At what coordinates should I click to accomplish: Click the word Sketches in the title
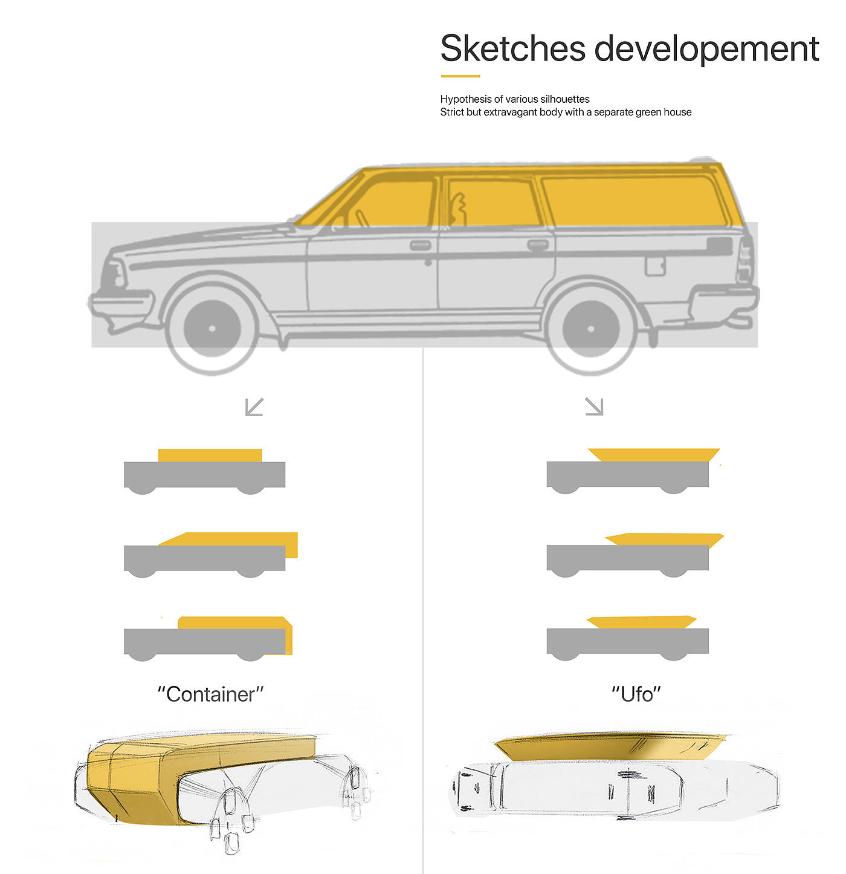513,48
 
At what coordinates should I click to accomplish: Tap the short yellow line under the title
460,76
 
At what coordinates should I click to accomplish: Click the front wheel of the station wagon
211,328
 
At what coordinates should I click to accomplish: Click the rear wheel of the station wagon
590,328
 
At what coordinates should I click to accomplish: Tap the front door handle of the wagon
420,245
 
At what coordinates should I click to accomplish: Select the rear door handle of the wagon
537,245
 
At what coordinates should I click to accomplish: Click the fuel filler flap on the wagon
654,266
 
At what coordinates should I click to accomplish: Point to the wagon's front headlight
113,276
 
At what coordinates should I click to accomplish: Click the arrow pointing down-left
254,407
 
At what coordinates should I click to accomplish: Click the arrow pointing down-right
595,406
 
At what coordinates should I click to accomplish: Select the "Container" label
210,694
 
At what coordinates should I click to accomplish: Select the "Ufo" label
636,694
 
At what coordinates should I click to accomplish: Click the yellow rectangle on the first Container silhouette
210,455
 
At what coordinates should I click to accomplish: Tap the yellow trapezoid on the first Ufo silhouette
654,455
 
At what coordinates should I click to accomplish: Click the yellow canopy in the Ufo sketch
610,748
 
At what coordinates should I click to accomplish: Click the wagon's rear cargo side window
633,201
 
